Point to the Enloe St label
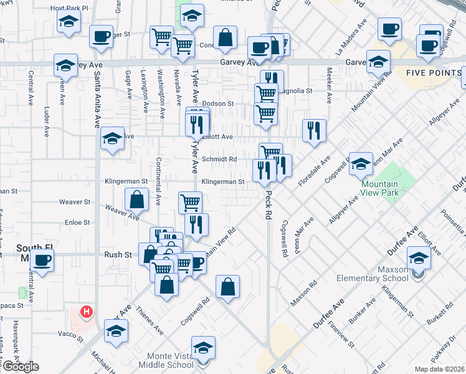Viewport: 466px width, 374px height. [78, 222]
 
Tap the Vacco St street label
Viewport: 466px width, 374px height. [70, 335]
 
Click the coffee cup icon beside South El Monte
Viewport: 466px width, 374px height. [42, 260]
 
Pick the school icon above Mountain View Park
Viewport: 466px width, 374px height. [361, 164]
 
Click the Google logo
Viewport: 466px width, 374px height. [21, 367]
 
